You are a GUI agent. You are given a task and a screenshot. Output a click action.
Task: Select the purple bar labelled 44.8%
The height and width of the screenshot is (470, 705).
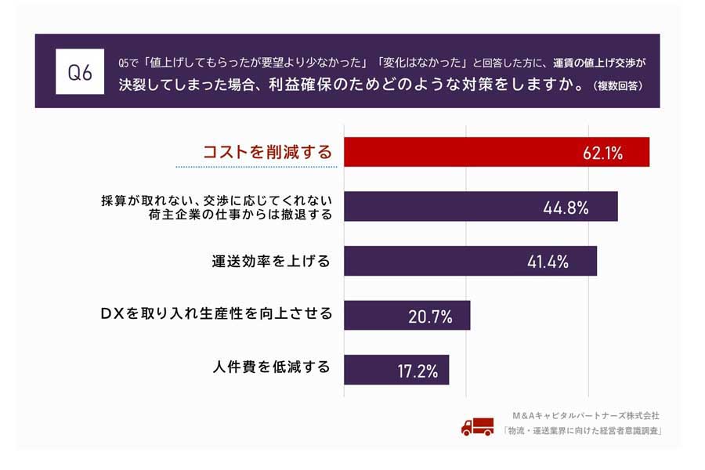pyautogui.click(x=480, y=207)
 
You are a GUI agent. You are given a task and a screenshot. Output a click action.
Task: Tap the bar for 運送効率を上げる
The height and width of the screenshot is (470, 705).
pyautogui.click(x=470, y=261)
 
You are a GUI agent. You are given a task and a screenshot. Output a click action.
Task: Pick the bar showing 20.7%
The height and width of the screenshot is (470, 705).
pyautogui.click(x=407, y=315)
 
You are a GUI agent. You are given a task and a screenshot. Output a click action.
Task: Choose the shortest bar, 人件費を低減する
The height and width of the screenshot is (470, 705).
pyautogui.click(x=396, y=369)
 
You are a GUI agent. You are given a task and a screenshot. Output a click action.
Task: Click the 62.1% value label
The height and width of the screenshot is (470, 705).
pyautogui.click(x=602, y=153)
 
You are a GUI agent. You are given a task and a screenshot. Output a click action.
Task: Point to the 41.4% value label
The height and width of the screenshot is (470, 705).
pyautogui.click(x=547, y=262)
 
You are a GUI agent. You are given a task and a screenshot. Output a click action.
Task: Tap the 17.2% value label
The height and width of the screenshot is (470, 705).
pyautogui.click(x=417, y=370)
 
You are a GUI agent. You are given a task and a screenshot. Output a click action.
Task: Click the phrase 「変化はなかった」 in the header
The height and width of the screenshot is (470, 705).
pyautogui.click(x=422, y=61)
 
